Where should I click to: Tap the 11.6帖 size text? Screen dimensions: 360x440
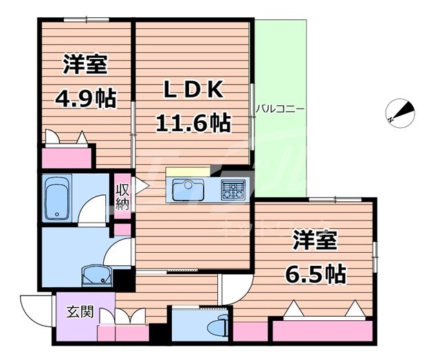click(192, 124)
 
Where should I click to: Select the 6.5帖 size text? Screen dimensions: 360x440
click(316, 274)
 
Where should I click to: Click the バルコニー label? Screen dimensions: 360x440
click(280, 109)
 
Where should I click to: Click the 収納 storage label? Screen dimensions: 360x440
click(121, 196)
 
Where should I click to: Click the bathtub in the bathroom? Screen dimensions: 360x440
click(56, 197)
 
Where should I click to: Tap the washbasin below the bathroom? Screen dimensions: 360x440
click(95, 277)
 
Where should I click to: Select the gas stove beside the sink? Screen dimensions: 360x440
click(232, 189)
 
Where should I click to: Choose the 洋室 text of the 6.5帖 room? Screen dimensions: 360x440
click(316, 243)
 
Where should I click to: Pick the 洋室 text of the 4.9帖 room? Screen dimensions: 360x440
click(86, 66)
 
